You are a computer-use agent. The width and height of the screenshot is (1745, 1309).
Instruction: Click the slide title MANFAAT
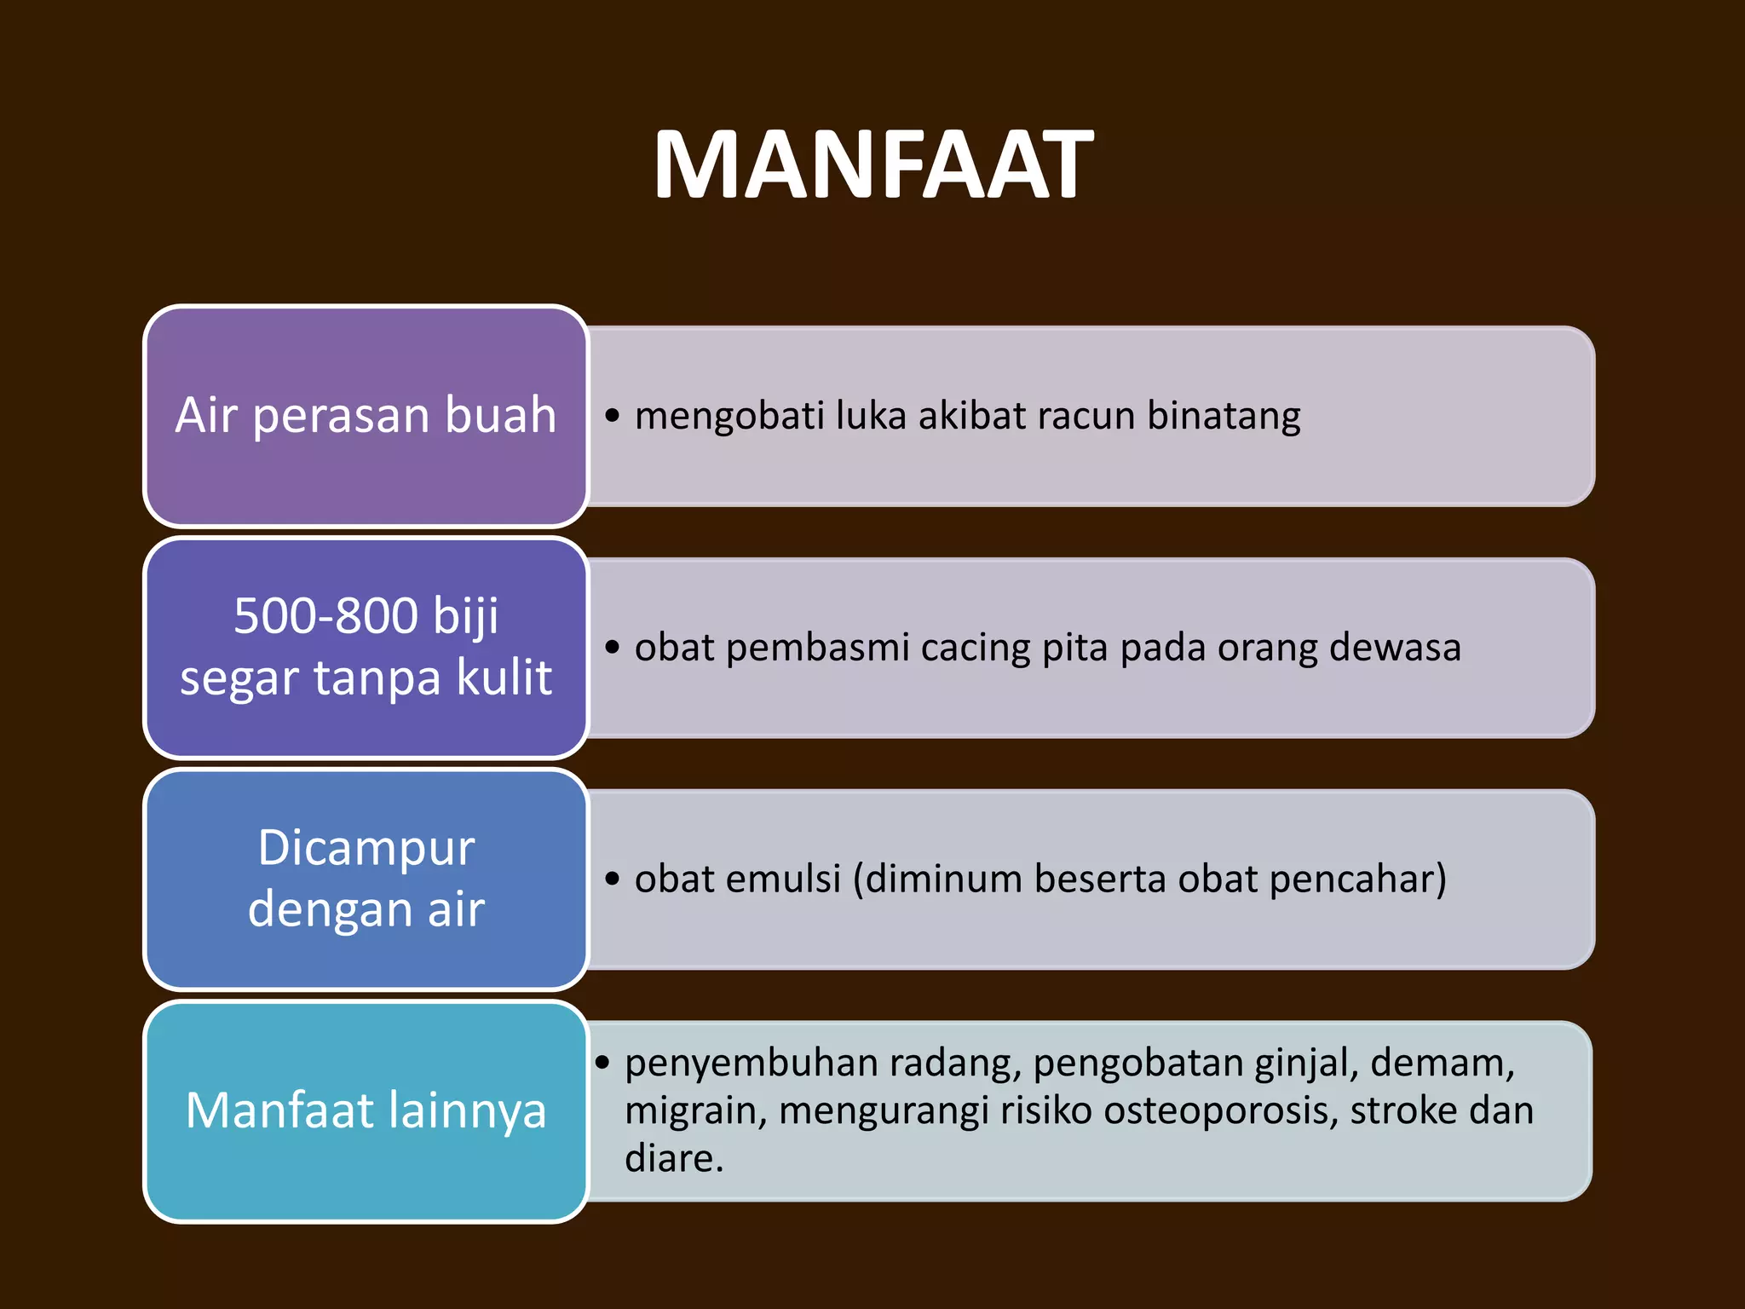click(872, 165)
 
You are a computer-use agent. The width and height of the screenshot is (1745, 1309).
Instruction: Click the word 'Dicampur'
click(366, 849)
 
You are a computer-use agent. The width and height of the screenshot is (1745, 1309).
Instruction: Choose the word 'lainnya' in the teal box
click(467, 1110)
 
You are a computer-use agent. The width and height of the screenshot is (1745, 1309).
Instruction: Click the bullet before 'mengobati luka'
click(612, 416)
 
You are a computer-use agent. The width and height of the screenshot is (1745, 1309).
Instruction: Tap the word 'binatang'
click(1224, 416)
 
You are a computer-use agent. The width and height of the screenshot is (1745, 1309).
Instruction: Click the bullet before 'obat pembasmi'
click(612, 648)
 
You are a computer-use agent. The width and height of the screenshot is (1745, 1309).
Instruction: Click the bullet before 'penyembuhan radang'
click(603, 1063)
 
